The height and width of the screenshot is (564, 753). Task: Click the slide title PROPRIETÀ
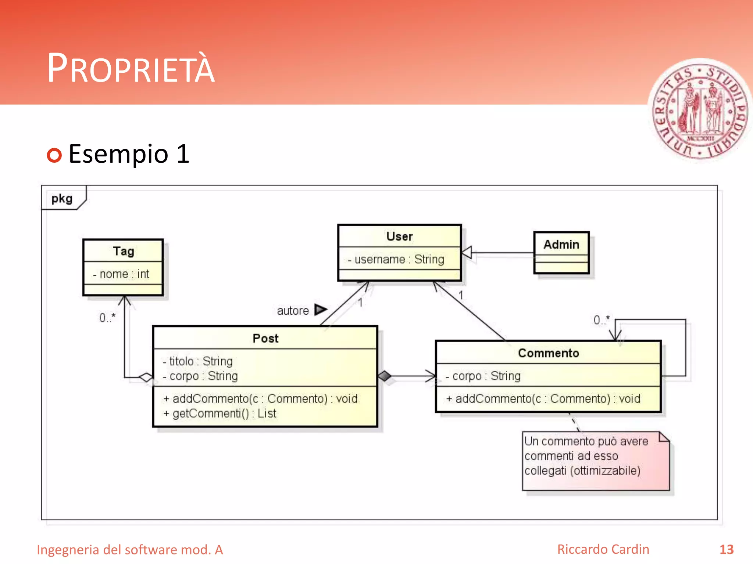(131, 68)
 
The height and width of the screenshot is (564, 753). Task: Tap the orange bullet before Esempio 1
(54, 155)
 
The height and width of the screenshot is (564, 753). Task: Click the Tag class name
(124, 251)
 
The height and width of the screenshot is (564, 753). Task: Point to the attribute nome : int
(121, 274)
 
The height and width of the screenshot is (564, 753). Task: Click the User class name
(399, 236)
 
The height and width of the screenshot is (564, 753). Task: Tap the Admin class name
(561, 245)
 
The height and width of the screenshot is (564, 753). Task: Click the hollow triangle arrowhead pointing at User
(467, 253)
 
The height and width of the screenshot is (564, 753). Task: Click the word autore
(293, 311)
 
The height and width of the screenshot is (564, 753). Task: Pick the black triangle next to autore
(320, 310)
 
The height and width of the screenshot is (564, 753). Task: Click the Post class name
(265, 338)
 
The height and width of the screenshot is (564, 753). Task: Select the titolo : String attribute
(198, 361)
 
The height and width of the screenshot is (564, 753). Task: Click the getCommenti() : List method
(220, 413)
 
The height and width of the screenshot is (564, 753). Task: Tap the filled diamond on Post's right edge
(385, 376)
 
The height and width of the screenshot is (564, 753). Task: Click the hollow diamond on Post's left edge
(146, 377)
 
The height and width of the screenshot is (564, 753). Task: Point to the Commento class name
(548, 353)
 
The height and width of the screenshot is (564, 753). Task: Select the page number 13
(726, 549)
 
